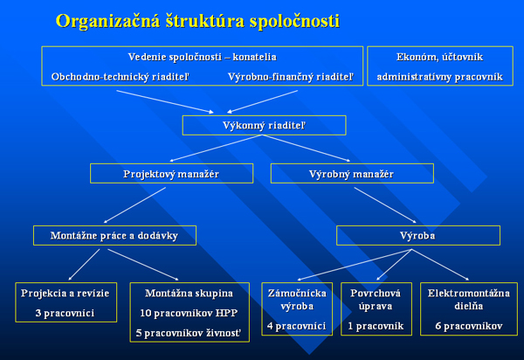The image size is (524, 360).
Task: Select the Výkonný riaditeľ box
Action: (x=264, y=125)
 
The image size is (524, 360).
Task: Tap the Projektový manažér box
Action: (x=171, y=174)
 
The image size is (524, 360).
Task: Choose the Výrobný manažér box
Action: (x=352, y=174)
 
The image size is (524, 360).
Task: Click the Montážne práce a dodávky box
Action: (x=114, y=236)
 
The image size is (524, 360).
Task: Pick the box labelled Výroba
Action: (x=418, y=236)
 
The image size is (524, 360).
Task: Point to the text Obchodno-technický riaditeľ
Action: (x=121, y=77)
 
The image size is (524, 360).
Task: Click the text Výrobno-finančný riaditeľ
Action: (x=291, y=77)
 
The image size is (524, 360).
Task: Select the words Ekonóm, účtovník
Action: (x=440, y=57)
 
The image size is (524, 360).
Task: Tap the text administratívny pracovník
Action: (x=440, y=77)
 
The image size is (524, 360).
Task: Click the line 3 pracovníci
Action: (x=65, y=313)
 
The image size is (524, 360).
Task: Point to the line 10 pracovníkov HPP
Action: (x=189, y=313)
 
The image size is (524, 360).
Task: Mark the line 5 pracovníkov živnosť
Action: (x=189, y=333)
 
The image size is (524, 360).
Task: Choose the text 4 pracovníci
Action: (x=296, y=326)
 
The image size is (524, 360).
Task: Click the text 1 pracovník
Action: (x=376, y=326)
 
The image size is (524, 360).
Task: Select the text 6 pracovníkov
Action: (x=468, y=326)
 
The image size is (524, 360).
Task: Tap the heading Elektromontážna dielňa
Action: (x=468, y=300)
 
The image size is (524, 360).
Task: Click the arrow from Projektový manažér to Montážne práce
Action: (x=134, y=204)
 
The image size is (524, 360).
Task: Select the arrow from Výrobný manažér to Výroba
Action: (x=385, y=204)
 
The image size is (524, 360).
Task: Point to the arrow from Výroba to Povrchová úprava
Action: (x=394, y=265)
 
